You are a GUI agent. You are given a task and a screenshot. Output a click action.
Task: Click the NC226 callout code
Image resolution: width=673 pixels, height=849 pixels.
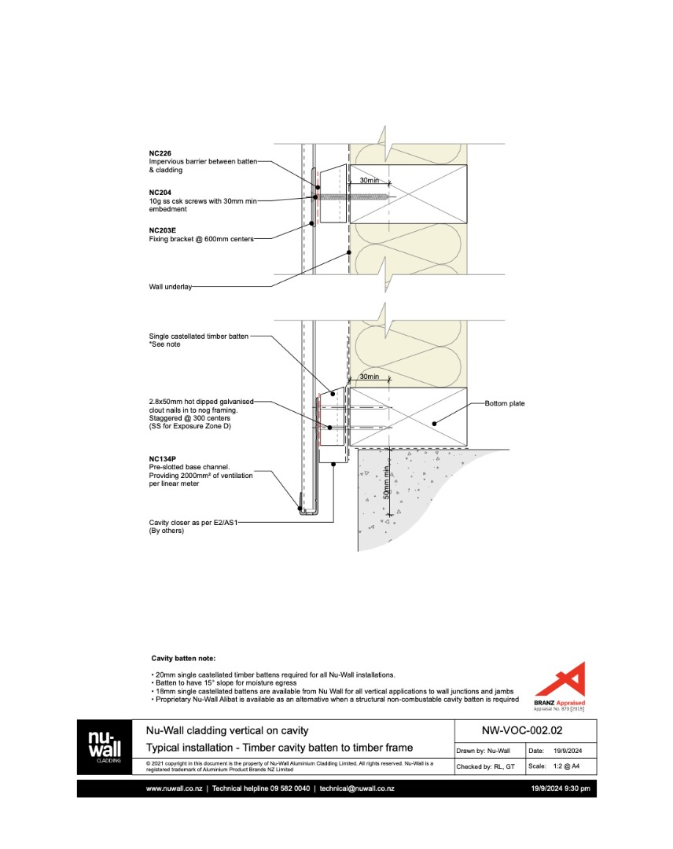(x=160, y=153)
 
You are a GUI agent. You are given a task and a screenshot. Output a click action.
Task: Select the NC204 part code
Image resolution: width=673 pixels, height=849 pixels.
(x=160, y=192)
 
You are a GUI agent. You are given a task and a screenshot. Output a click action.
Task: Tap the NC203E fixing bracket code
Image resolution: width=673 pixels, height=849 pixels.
(x=163, y=230)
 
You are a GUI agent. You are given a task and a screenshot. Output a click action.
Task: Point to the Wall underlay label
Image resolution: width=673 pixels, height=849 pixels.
(x=171, y=288)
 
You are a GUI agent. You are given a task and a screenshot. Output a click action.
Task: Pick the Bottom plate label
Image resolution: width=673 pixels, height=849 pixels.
(x=504, y=404)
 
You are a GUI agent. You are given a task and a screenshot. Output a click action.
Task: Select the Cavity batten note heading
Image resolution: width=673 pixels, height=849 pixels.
(x=182, y=658)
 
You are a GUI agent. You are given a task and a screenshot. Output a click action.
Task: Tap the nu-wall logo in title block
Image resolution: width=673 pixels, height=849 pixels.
(x=104, y=747)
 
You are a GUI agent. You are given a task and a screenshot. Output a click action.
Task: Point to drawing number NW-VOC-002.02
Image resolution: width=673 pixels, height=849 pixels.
(x=521, y=730)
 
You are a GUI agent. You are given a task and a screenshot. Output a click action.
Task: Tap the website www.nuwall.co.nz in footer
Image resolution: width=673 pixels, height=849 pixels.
(x=175, y=788)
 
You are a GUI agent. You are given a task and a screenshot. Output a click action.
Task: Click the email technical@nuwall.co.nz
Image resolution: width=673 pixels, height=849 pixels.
(x=356, y=788)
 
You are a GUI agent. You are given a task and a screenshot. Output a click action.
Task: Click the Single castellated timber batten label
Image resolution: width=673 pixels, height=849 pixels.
(x=199, y=336)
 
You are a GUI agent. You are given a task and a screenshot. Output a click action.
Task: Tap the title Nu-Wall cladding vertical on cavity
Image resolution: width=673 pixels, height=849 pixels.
(x=227, y=731)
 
